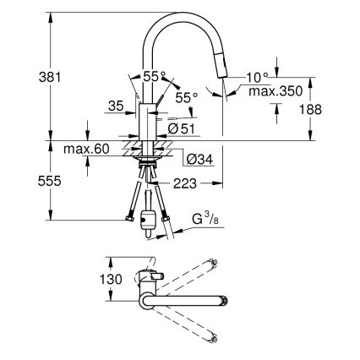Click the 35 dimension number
click(117, 106)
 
